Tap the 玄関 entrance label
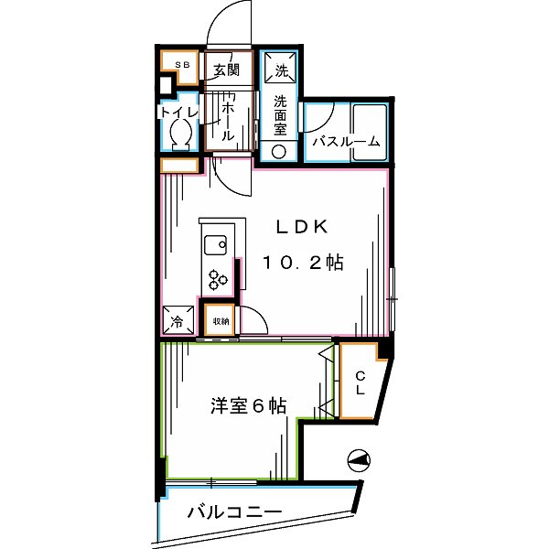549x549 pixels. coord(226,69)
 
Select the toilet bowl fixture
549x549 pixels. coord(180,135)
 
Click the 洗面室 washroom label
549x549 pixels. coord(281,115)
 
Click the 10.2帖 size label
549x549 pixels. coord(303,264)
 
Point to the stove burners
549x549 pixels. coord(218,277)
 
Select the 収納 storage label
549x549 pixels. coord(221,321)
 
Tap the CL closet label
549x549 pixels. coord(361,382)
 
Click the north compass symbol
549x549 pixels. coord(360,461)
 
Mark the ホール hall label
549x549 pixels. coord(228,114)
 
